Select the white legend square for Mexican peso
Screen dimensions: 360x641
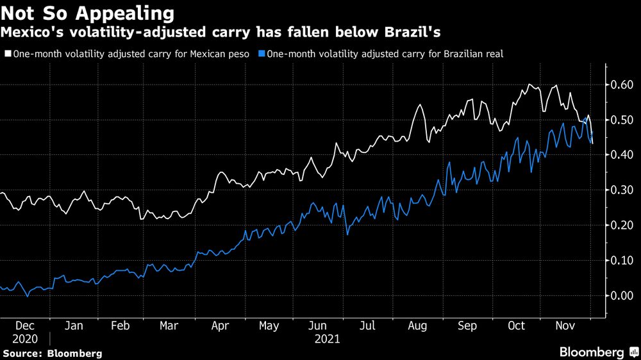[x=8, y=54]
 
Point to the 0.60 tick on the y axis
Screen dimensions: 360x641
[x=621, y=85]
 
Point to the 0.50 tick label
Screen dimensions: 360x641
[x=621, y=120]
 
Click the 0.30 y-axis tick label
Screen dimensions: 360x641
[x=621, y=190]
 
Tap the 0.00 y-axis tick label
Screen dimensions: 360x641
[x=621, y=295]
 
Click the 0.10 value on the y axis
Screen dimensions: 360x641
[x=621, y=261]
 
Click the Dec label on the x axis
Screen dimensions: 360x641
[x=25, y=326]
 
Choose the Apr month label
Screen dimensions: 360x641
[x=220, y=326]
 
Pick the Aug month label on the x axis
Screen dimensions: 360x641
[x=417, y=326]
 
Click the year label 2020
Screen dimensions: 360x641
[x=24, y=339]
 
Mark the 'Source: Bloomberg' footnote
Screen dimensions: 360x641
[x=52, y=353]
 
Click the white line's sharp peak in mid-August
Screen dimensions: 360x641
[x=420, y=105]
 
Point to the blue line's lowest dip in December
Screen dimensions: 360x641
[x=27, y=296]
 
